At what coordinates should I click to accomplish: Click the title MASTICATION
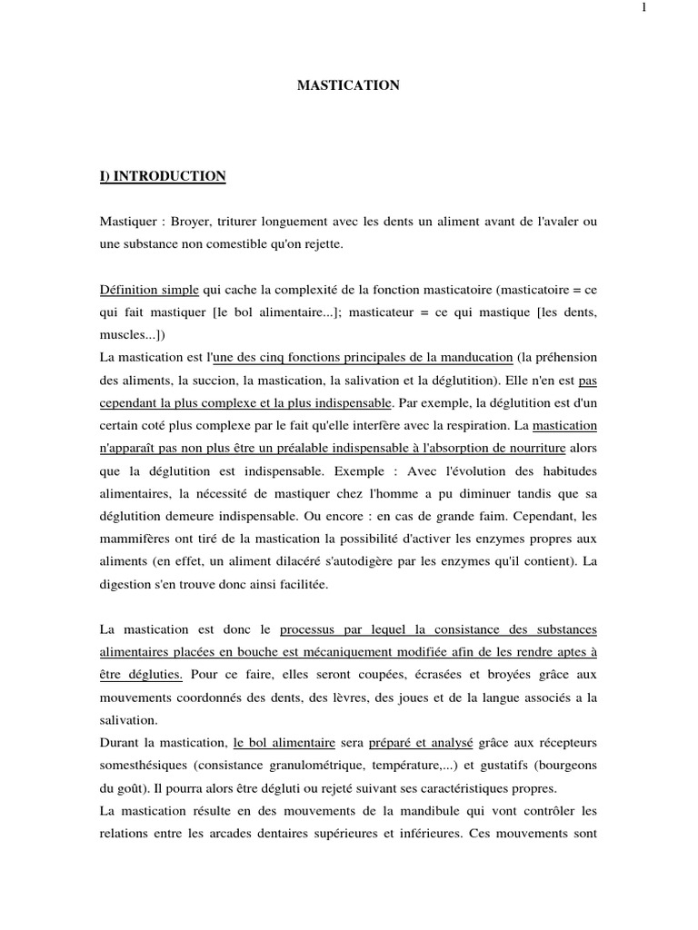click(x=349, y=85)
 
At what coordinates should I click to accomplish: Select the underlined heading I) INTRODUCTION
click(x=163, y=176)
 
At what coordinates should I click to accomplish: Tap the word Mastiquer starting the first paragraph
click(x=127, y=222)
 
